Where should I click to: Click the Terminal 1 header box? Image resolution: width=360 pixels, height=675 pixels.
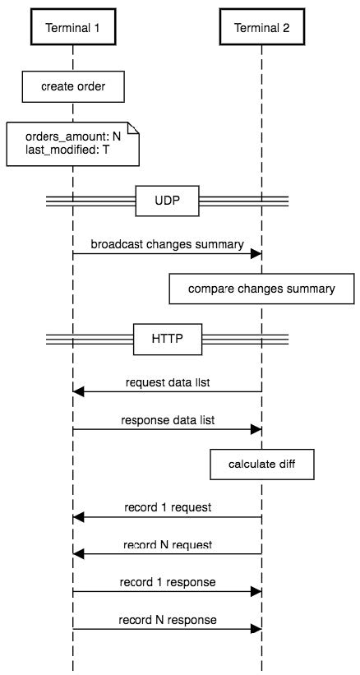click(72, 28)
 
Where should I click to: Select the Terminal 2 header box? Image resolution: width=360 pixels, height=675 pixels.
click(261, 28)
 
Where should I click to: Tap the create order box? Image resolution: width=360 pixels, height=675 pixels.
click(73, 86)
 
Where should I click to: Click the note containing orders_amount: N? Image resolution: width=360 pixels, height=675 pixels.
click(72, 144)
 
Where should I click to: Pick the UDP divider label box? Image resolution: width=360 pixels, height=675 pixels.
click(167, 200)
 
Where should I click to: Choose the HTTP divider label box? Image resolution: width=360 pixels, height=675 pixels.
click(167, 338)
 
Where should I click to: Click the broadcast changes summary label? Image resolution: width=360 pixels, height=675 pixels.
click(167, 244)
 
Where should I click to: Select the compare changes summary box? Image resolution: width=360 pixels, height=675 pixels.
click(261, 289)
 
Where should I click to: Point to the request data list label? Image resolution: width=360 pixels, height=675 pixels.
click(167, 381)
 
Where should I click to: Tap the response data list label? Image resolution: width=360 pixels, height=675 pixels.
click(167, 420)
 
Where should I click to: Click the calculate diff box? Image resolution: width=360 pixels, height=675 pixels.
click(261, 464)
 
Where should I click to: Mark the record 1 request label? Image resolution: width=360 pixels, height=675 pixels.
click(167, 507)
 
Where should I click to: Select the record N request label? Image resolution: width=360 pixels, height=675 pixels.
click(167, 544)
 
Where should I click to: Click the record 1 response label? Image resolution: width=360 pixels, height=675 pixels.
click(167, 582)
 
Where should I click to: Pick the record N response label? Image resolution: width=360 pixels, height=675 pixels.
click(167, 620)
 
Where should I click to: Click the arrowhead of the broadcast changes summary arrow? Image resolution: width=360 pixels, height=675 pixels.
click(256, 254)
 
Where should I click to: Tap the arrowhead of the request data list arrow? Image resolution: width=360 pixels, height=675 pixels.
click(78, 391)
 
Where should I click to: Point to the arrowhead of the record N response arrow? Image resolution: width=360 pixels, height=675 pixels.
click(256, 629)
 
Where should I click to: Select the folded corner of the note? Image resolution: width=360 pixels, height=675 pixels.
click(132, 128)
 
